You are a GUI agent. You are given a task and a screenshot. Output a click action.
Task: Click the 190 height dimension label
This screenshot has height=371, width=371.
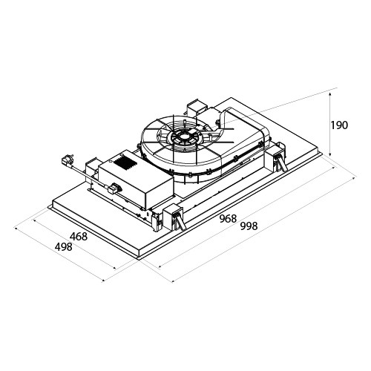[x=339, y=125]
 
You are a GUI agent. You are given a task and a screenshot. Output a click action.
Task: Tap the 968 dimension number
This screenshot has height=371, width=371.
[x=229, y=218]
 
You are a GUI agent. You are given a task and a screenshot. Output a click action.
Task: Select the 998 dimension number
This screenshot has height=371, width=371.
[x=249, y=226]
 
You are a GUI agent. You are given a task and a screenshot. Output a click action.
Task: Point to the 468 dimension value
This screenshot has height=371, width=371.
[x=79, y=237]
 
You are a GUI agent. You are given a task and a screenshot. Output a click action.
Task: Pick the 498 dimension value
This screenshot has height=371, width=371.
[x=64, y=247]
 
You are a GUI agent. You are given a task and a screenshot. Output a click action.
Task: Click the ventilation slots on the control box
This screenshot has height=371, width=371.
[x=125, y=162]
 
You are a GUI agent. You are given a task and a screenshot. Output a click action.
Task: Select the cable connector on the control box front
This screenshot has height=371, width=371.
[x=114, y=188]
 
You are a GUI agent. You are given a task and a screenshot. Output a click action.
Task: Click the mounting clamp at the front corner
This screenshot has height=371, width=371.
[x=174, y=217]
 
